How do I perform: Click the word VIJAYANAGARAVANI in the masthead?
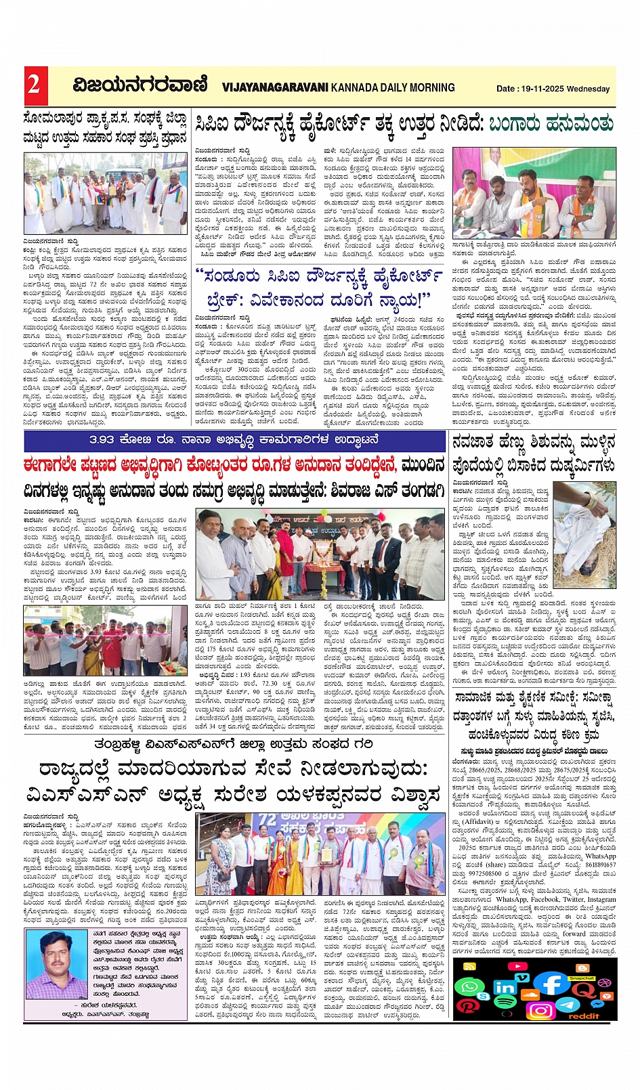[274, 87]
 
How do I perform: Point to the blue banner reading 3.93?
[234, 441]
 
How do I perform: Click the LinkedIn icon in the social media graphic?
[505, 988]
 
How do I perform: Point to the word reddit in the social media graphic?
[584, 1016]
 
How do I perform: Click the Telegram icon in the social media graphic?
[568, 1004]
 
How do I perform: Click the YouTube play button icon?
[517, 966]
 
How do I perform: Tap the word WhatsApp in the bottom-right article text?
[601, 856]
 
